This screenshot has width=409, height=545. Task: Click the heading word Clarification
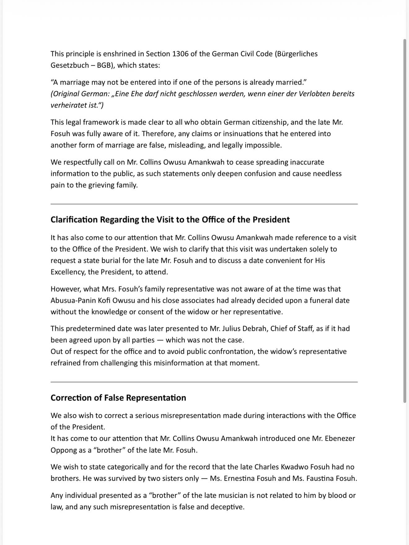point(74,220)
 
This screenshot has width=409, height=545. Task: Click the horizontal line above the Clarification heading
point(204,204)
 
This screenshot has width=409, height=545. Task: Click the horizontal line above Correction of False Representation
point(204,382)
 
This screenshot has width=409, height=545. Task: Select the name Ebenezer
point(340,439)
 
